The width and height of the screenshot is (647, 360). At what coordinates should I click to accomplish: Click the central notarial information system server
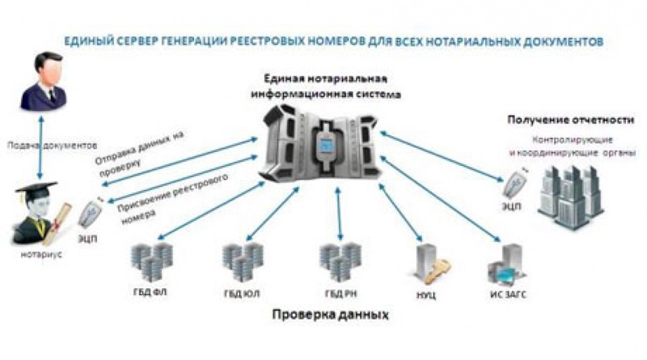tap(323, 146)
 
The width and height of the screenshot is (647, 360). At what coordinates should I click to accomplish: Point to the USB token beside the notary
tap(90, 217)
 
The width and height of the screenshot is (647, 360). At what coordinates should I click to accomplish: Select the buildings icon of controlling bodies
tap(571, 192)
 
